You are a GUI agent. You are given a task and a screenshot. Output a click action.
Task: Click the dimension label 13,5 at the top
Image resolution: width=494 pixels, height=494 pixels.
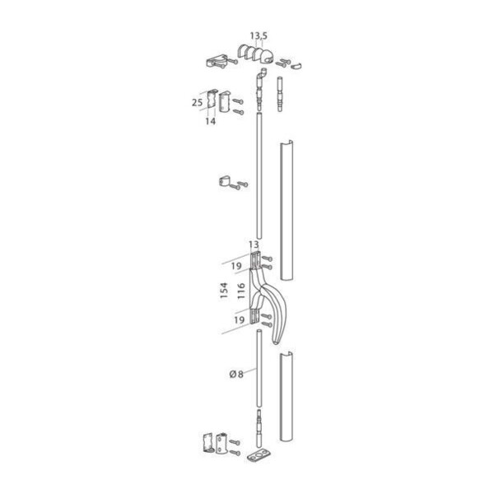coord(259,36)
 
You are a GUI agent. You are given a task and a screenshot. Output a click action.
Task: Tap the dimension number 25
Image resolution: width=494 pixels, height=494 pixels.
coord(198,103)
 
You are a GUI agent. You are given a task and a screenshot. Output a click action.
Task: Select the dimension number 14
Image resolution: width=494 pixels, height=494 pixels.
coord(211,121)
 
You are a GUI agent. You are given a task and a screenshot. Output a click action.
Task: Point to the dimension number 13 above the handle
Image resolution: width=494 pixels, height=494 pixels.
coord(254,245)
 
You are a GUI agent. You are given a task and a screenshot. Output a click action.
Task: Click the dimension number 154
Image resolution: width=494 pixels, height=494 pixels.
coord(224,291)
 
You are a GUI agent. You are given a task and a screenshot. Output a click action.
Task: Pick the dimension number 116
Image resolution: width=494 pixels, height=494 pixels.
coord(241,291)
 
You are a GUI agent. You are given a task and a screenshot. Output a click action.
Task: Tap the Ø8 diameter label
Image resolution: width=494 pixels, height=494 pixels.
coord(236,375)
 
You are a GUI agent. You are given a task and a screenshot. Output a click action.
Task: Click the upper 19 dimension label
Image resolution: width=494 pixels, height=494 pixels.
coord(236,266)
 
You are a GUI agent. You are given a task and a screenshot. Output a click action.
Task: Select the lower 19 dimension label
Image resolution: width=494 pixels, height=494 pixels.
coord(239,320)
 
